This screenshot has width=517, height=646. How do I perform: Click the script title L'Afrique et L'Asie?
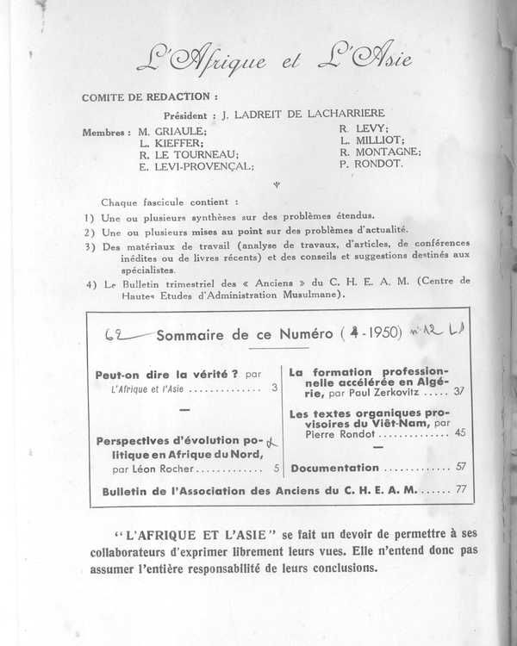(x=273, y=61)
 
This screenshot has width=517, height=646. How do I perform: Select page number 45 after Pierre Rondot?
(x=458, y=436)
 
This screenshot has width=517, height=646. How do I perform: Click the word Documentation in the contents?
(x=334, y=468)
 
